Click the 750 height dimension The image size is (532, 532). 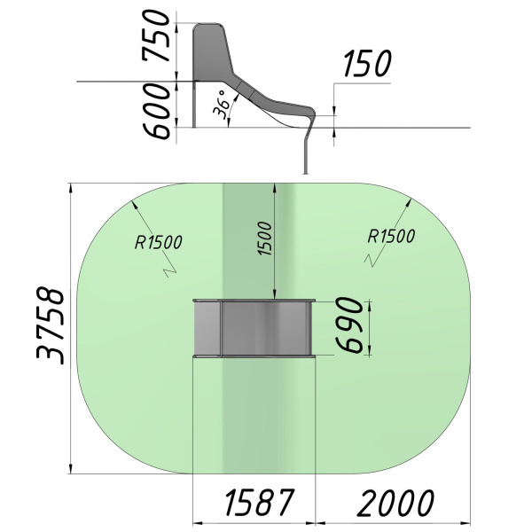pos(156,35)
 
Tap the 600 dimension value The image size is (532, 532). pos(156,112)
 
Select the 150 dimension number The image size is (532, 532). pos(367,63)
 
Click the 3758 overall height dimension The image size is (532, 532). pos(51,326)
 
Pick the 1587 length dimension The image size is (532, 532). pos(259,502)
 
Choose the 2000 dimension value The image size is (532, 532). pos(395,503)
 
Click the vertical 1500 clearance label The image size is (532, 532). pos(265,239)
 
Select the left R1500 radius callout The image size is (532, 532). pos(158,242)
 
